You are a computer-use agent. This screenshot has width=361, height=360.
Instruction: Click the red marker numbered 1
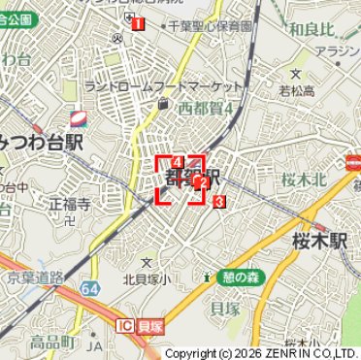[x=140, y=23]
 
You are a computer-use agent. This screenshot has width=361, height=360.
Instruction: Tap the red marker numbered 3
[x=219, y=202]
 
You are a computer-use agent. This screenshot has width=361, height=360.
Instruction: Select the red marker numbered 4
[x=178, y=160]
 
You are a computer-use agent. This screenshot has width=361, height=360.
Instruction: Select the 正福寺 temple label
[x=69, y=205]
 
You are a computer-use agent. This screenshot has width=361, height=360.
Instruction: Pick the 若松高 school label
[x=297, y=91]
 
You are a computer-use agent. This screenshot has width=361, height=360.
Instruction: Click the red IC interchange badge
[x=124, y=324]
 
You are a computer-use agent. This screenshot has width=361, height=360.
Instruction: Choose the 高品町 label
[x=51, y=342]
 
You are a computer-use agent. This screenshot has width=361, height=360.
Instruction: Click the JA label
[x=94, y=345]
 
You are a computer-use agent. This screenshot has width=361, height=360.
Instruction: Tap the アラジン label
[x=339, y=50]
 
